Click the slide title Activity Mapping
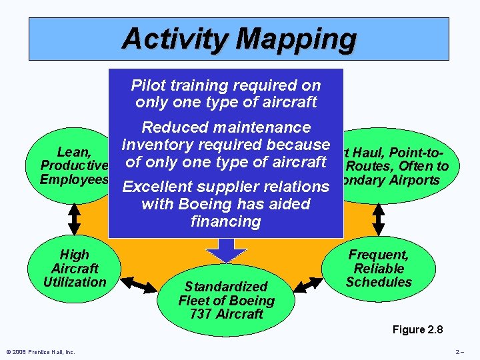239,39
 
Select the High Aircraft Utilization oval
74,269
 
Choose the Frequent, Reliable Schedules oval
379,269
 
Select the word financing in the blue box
225,221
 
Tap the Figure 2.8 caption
418,329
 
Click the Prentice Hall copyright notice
41,352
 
